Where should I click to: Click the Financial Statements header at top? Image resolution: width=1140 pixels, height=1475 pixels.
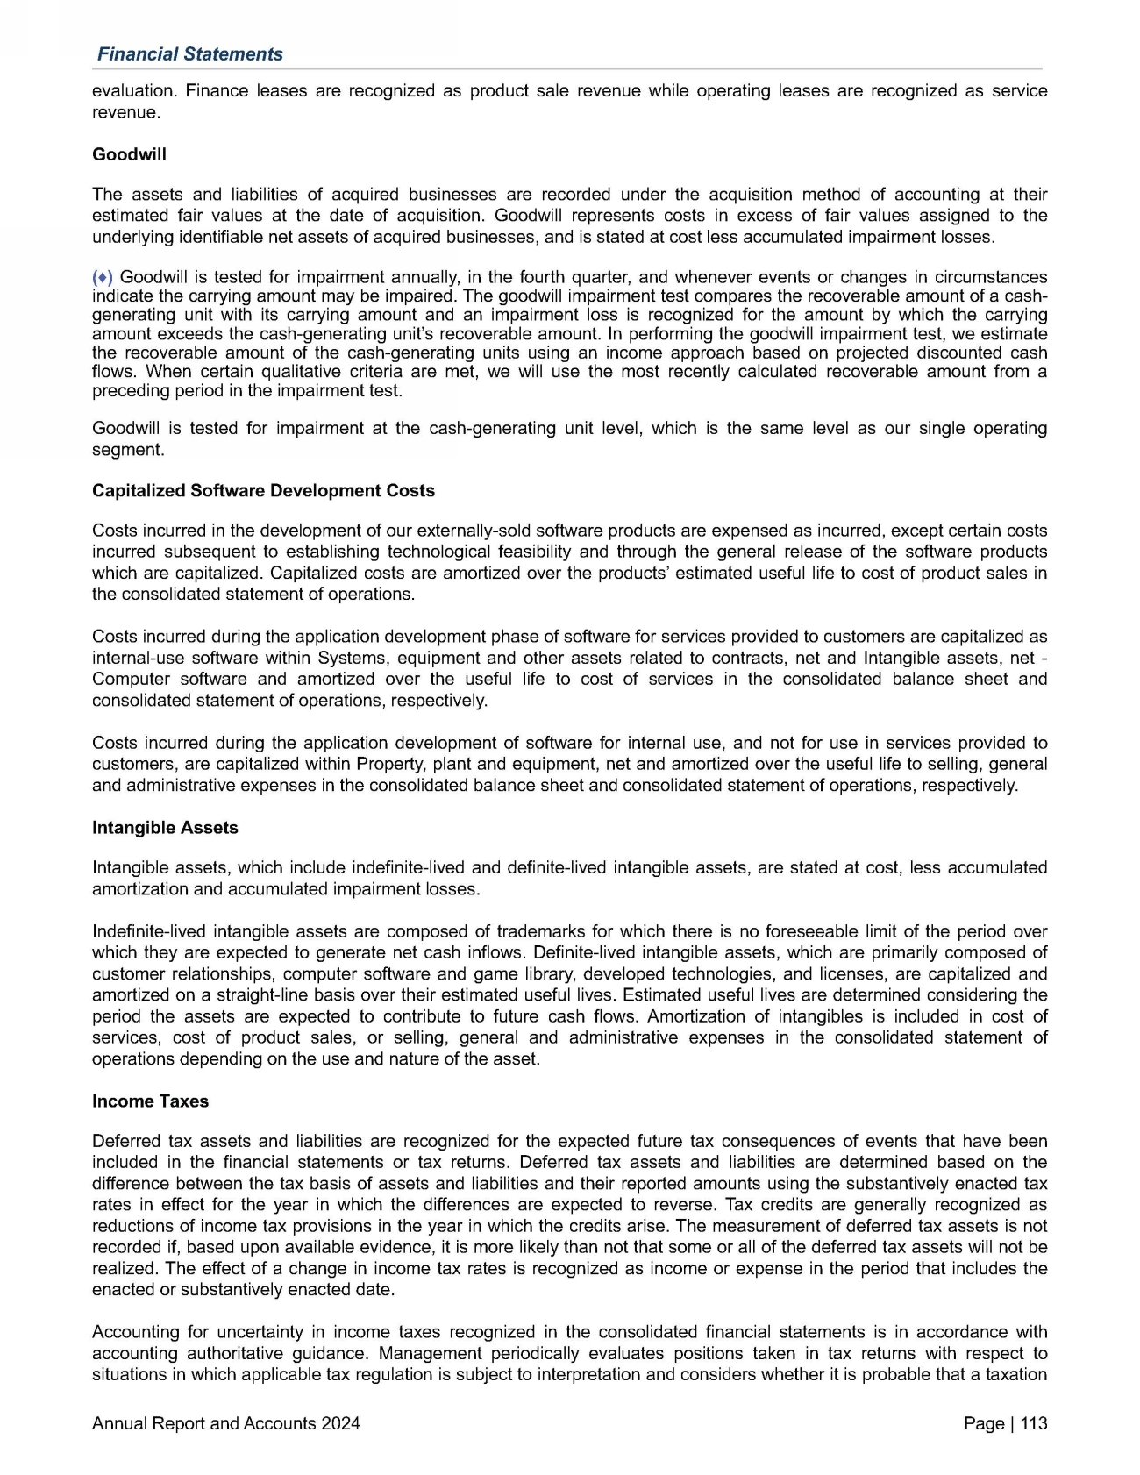point(190,54)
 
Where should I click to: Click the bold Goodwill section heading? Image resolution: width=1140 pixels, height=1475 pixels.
point(129,154)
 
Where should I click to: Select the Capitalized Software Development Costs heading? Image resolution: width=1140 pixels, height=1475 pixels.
point(263,491)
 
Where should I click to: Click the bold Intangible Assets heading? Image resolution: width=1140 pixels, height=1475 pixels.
point(165,828)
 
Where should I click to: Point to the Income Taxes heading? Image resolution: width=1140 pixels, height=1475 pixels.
point(150,1101)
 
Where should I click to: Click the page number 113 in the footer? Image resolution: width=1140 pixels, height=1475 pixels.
point(1034,1423)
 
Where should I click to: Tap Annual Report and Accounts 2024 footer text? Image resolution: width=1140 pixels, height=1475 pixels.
point(225,1423)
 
